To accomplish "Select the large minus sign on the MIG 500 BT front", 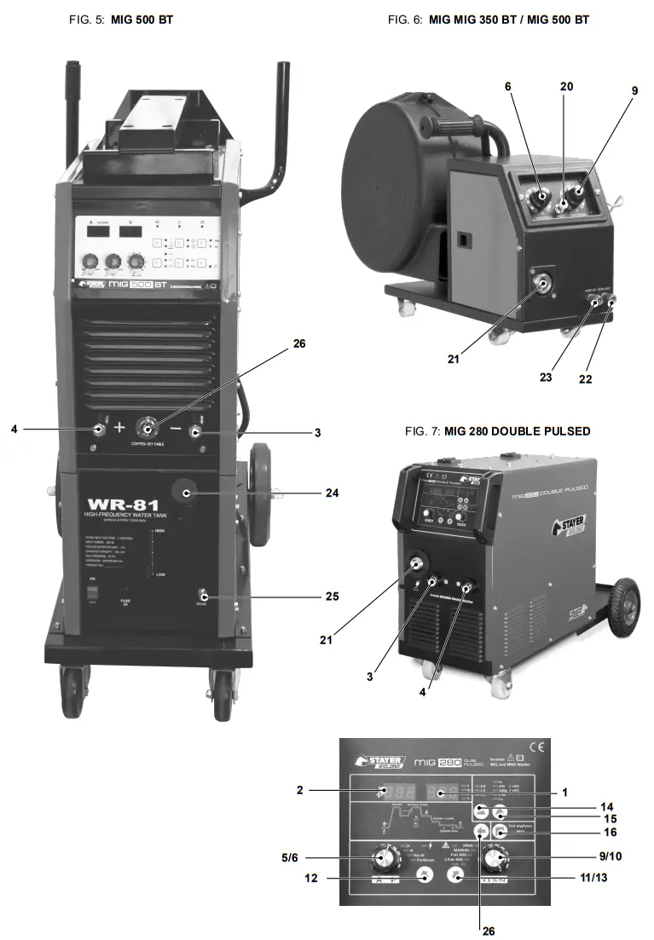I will point(175,429).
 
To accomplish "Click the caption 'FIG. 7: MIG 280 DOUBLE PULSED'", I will point(497,431).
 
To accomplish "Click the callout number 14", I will point(606,805).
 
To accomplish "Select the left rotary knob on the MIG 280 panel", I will point(381,856).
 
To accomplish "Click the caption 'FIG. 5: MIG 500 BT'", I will point(120,19).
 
